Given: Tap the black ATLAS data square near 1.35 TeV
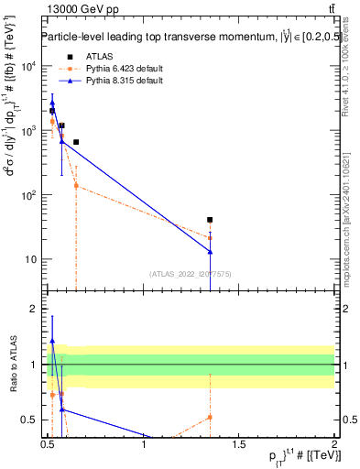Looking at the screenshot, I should click(x=211, y=220).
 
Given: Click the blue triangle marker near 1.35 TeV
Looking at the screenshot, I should click(x=211, y=251).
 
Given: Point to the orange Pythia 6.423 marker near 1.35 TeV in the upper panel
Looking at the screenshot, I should click(x=211, y=237).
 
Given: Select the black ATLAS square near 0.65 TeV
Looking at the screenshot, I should click(x=76, y=142).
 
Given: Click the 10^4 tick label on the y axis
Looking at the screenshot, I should click(x=30, y=67).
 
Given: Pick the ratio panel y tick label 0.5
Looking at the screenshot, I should click(x=31, y=420).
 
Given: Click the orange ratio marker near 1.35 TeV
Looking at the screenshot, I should click(x=211, y=417).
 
